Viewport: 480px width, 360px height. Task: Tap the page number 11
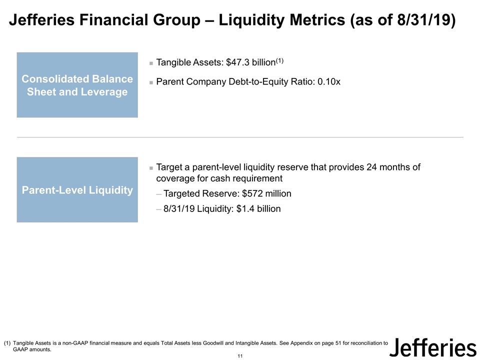pyautogui.click(x=240, y=355)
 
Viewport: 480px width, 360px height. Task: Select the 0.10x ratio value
pyautogui.click(x=329, y=81)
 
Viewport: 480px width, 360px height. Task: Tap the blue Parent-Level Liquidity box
pyautogui.click(x=77, y=190)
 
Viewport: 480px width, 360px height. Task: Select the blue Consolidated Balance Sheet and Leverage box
pyautogui.click(x=77, y=85)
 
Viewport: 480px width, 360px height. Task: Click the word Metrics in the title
pyautogui.click(x=311, y=21)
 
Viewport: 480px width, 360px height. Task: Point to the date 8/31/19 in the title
pyautogui.click(x=425, y=21)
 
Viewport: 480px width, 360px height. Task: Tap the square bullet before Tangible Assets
pyautogui.click(x=151, y=63)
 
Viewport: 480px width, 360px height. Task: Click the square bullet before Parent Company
pyautogui.click(x=151, y=82)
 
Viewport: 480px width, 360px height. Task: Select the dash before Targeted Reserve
pyautogui.click(x=159, y=194)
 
